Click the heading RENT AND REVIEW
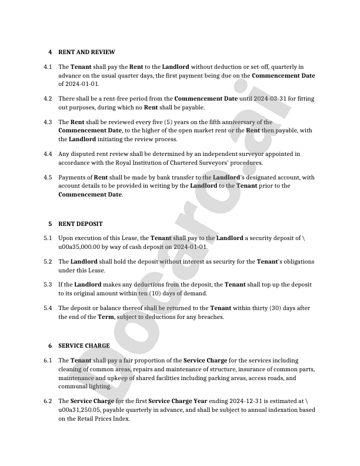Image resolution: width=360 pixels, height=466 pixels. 86,52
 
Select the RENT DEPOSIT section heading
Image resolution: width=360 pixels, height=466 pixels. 81,224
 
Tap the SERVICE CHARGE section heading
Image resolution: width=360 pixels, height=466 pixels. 84,345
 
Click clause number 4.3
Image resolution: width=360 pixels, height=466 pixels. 48,122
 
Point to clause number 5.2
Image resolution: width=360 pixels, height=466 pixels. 48,261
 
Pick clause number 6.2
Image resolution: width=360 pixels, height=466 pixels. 48,401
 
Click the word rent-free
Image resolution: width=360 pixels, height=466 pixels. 114,99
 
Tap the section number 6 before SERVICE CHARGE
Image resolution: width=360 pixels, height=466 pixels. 50,345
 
